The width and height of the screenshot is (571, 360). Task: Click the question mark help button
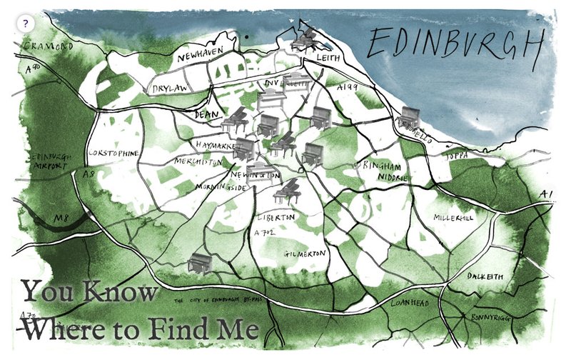click(x=26, y=24)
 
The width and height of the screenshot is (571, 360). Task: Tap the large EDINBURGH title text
click(x=453, y=46)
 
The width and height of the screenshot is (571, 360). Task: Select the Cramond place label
click(x=48, y=46)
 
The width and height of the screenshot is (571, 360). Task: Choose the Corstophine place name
click(x=112, y=153)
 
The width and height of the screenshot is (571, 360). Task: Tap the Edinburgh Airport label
click(x=46, y=161)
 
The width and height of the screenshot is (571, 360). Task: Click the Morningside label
click(x=221, y=188)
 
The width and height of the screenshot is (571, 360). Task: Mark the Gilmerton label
click(x=305, y=254)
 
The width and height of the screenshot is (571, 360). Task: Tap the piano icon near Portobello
click(x=410, y=117)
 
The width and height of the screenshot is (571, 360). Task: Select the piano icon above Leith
click(x=304, y=39)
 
